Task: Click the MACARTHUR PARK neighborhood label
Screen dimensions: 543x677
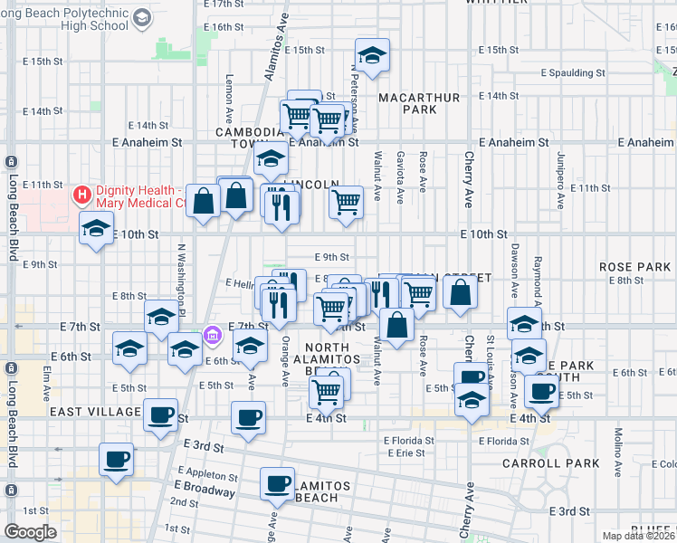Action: click(x=419, y=103)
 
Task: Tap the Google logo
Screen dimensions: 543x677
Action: click(x=30, y=532)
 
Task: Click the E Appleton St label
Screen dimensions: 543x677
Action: click(x=207, y=474)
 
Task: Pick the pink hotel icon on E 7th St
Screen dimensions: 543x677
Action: click(x=213, y=336)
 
